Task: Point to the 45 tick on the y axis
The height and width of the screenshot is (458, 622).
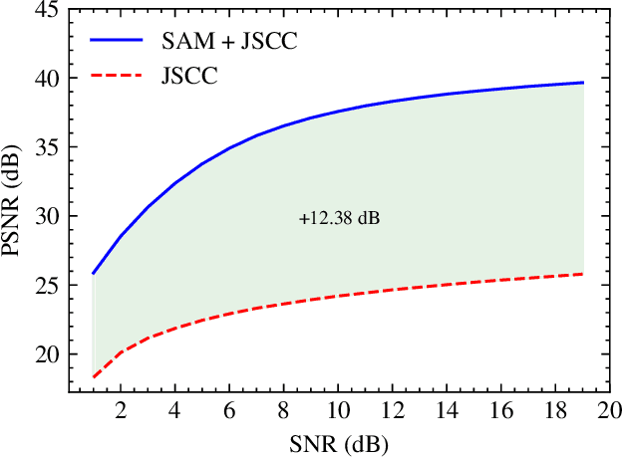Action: click(46, 9)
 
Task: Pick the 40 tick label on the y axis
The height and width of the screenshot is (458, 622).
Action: click(46, 79)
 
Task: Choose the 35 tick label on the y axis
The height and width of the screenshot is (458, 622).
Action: click(46, 147)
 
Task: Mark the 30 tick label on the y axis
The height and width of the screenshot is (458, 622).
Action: click(46, 216)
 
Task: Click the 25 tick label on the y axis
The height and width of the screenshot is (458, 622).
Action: click(46, 286)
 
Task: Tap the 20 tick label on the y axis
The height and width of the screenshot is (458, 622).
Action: click(46, 354)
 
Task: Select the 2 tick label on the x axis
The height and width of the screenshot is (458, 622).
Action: click(121, 411)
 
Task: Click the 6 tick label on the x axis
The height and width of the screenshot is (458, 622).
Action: click(230, 411)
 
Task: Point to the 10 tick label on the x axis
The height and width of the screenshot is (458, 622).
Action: click(338, 411)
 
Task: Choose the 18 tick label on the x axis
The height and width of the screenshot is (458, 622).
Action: click(555, 411)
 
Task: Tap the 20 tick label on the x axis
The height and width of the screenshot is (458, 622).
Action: click(609, 411)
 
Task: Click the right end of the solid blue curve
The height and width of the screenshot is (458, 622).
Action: click(582, 83)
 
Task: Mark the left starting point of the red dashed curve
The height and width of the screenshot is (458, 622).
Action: click(94, 376)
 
